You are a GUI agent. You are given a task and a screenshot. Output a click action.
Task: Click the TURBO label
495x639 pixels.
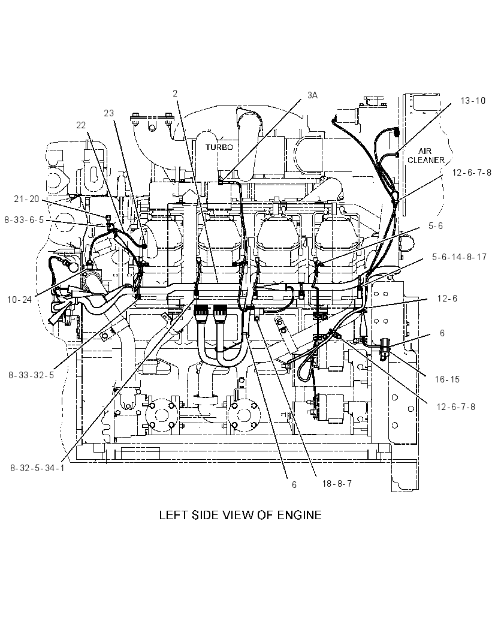point(219,147)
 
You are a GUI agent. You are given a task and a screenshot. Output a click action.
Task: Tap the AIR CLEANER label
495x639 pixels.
point(425,156)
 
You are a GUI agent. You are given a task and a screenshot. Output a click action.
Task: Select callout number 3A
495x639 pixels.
point(312,95)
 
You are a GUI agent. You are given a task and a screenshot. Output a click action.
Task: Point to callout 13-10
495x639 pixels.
point(473,101)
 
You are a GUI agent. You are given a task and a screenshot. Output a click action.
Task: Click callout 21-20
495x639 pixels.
point(26,198)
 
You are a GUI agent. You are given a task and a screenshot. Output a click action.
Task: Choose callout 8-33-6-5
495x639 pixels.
point(24,220)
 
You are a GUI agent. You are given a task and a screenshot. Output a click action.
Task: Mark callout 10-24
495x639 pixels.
point(19,300)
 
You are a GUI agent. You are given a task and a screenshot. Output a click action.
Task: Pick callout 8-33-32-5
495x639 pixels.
point(31,375)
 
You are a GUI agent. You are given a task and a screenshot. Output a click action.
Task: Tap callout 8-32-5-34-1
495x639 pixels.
point(37,468)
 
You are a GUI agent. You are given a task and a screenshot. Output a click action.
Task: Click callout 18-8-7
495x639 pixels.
point(337,484)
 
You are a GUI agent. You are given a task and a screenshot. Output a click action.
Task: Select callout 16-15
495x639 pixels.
point(447,379)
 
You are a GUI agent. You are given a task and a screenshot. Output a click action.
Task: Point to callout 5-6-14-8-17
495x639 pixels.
point(459,258)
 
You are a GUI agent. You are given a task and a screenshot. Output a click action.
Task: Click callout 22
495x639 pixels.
point(81,125)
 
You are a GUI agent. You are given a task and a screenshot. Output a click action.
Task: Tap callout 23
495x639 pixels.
point(109,113)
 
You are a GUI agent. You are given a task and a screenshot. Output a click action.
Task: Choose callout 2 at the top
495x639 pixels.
point(175,94)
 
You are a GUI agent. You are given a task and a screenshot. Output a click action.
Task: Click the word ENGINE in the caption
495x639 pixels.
point(300,515)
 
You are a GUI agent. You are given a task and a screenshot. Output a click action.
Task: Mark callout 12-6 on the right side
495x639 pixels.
point(447,299)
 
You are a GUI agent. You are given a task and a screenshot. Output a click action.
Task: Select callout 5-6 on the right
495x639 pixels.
point(436,226)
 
